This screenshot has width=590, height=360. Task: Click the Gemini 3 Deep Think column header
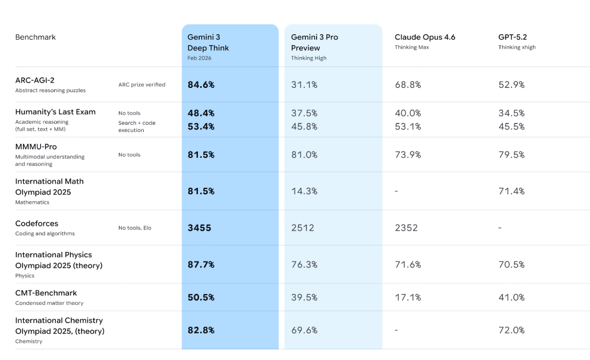click(x=209, y=42)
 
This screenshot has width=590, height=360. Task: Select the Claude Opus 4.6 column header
click(x=425, y=37)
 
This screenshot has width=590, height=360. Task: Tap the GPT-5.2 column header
click(x=512, y=37)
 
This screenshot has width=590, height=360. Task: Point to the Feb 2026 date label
click(x=199, y=58)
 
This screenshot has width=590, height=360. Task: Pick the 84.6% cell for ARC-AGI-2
click(x=201, y=85)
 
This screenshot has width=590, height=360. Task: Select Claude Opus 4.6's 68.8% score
click(x=408, y=85)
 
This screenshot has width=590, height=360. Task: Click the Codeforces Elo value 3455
click(x=200, y=228)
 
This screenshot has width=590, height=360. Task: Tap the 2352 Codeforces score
click(x=406, y=228)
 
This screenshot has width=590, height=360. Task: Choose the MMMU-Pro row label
click(x=36, y=147)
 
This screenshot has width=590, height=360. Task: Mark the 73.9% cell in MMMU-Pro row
click(x=408, y=154)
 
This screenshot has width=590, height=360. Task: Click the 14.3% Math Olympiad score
click(x=304, y=191)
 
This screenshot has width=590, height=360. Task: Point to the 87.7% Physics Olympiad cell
click(x=201, y=264)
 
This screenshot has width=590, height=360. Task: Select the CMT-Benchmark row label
click(x=46, y=293)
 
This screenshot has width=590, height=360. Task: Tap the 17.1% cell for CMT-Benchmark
click(x=408, y=297)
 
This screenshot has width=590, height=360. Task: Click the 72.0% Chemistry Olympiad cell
click(x=512, y=330)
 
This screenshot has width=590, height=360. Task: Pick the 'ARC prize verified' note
click(x=141, y=85)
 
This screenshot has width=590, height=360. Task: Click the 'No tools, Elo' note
click(x=134, y=228)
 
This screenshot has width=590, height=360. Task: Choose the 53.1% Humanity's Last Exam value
click(x=408, y=127)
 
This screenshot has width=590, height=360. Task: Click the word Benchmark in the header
click(x=36, y=37)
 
